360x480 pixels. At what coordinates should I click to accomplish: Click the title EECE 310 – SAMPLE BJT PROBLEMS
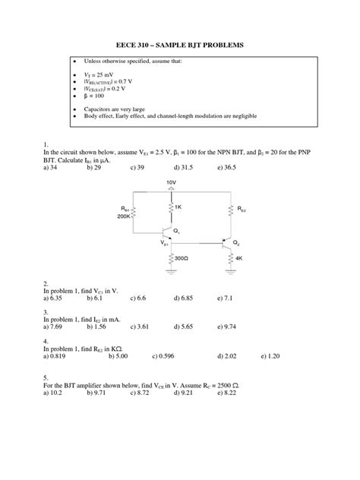[x=179, y=46]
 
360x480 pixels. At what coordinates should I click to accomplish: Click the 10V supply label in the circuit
[x=172, y=182]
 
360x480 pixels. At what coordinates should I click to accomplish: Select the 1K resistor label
[x=178, y=207]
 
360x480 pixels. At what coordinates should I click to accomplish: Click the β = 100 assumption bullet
[x=102, y=98]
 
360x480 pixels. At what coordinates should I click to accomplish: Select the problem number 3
[x=46, y=312]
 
